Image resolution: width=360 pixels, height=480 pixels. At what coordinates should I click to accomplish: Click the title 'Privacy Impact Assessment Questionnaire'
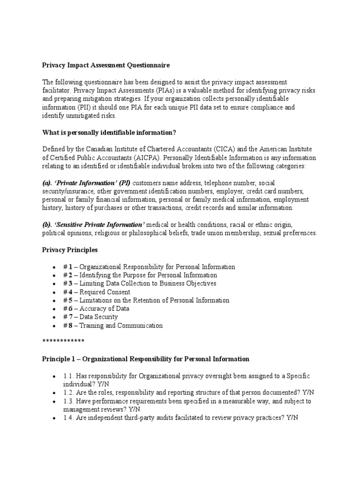point(105,65)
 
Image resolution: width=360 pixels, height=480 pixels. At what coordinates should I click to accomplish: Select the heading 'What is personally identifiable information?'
point(109,133)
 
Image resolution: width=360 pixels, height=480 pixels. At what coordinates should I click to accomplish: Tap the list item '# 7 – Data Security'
point(90,317)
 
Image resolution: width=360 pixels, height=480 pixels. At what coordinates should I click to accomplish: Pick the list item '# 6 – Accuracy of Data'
point(96,309)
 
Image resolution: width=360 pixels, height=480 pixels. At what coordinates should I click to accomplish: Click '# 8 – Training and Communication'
point(113,326)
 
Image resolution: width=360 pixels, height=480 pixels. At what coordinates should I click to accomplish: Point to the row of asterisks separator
point(63,341)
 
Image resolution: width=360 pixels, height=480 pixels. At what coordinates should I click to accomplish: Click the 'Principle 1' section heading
point(145,359)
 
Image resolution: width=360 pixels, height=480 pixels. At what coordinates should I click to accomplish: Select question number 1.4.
point(69,418)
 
